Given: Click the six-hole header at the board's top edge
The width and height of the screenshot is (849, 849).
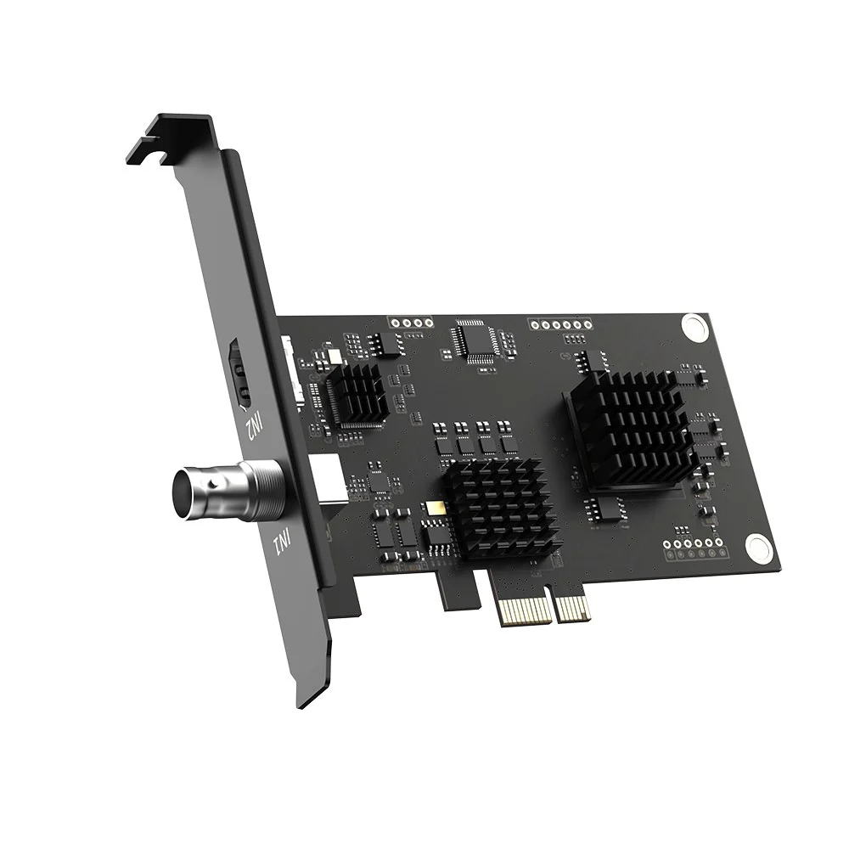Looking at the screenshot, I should [x=560, y=324].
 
